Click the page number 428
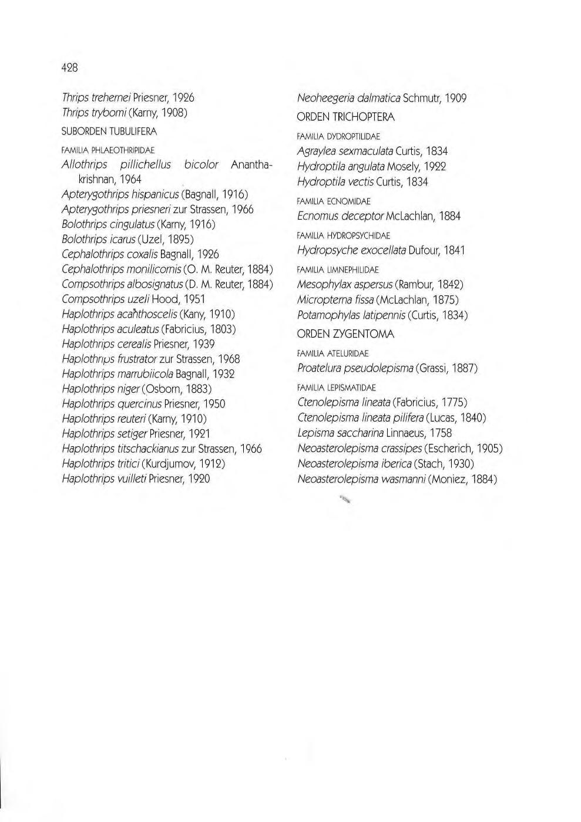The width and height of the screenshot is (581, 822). [69, 68]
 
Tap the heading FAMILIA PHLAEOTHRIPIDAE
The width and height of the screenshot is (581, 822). [108, 150]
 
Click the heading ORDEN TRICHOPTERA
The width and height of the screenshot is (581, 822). [337, 117]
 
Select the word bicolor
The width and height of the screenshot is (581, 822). [201, 164]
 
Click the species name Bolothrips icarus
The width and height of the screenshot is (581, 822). [98, 239]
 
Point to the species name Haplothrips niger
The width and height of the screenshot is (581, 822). [100, 389]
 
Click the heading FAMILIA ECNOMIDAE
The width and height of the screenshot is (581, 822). [334, 201]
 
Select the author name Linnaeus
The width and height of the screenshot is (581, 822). [407, 433]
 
